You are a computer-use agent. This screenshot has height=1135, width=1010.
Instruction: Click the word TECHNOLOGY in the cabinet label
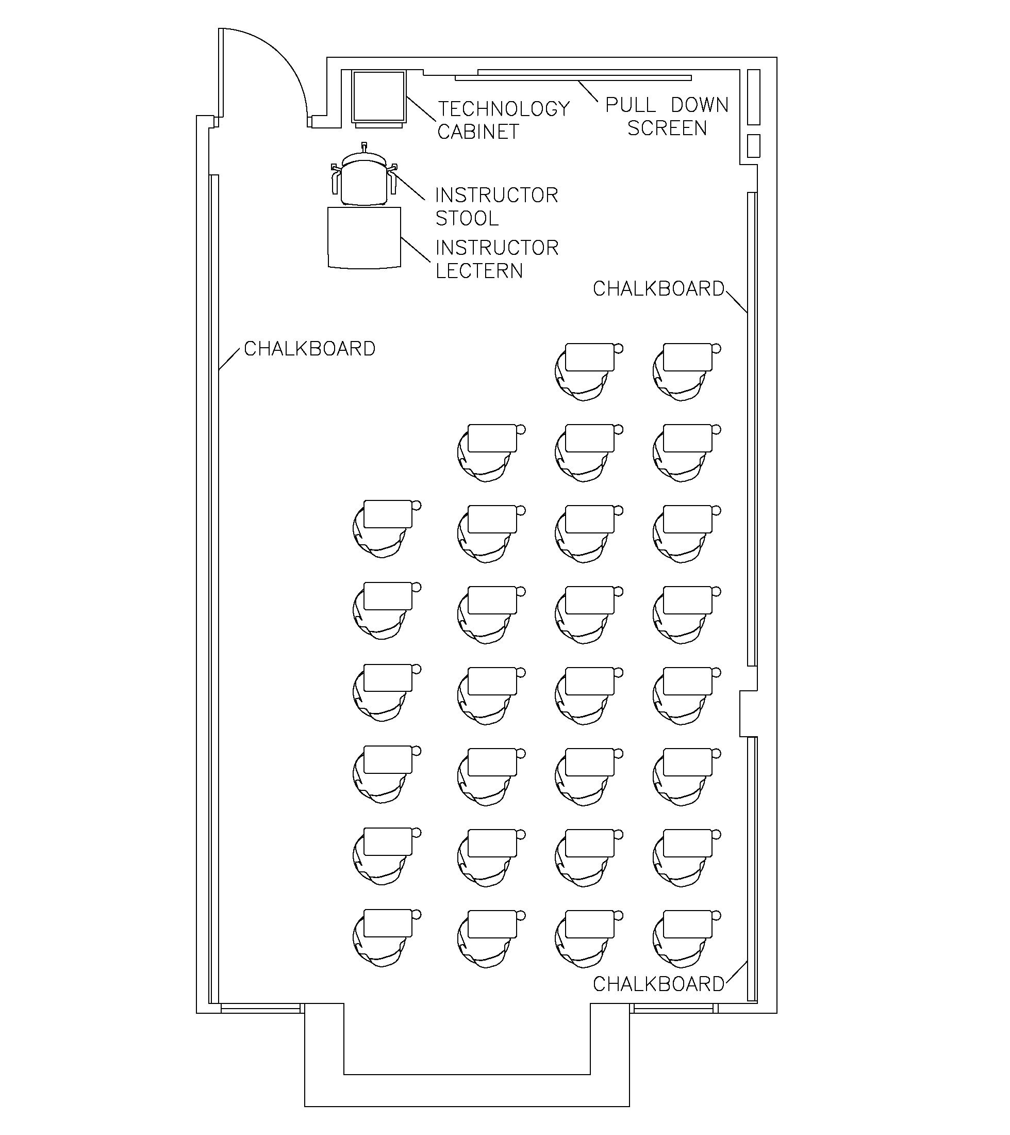coord(504,109)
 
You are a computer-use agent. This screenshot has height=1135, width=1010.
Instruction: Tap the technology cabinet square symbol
coord(378,96)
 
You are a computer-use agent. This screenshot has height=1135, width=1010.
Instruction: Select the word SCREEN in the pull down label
coord(667,128)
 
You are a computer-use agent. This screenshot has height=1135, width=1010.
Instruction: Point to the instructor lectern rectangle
coord(364,238)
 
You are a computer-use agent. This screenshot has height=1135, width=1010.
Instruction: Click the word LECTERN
coord(479,271)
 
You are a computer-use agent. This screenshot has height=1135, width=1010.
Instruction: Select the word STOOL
coord(467,219)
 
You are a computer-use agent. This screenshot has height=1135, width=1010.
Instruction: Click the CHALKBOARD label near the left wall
coord(310,349)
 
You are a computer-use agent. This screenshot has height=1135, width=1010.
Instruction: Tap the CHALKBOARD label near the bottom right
coord(659,984)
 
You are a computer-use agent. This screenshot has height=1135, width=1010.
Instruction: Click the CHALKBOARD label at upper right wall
coord(659,289)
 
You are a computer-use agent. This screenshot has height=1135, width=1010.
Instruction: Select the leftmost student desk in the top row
coord(589,357)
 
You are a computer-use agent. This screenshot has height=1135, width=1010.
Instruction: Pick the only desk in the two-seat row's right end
coord(688,357)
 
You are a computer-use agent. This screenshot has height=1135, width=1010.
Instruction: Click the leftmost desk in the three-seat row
coord(492,438)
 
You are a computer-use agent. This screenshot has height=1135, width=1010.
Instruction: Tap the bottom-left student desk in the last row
coord(387,923)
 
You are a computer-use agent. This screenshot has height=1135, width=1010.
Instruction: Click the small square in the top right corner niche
coord(753,146)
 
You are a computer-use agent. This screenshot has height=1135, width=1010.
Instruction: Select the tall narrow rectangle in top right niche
coord(753,97)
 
